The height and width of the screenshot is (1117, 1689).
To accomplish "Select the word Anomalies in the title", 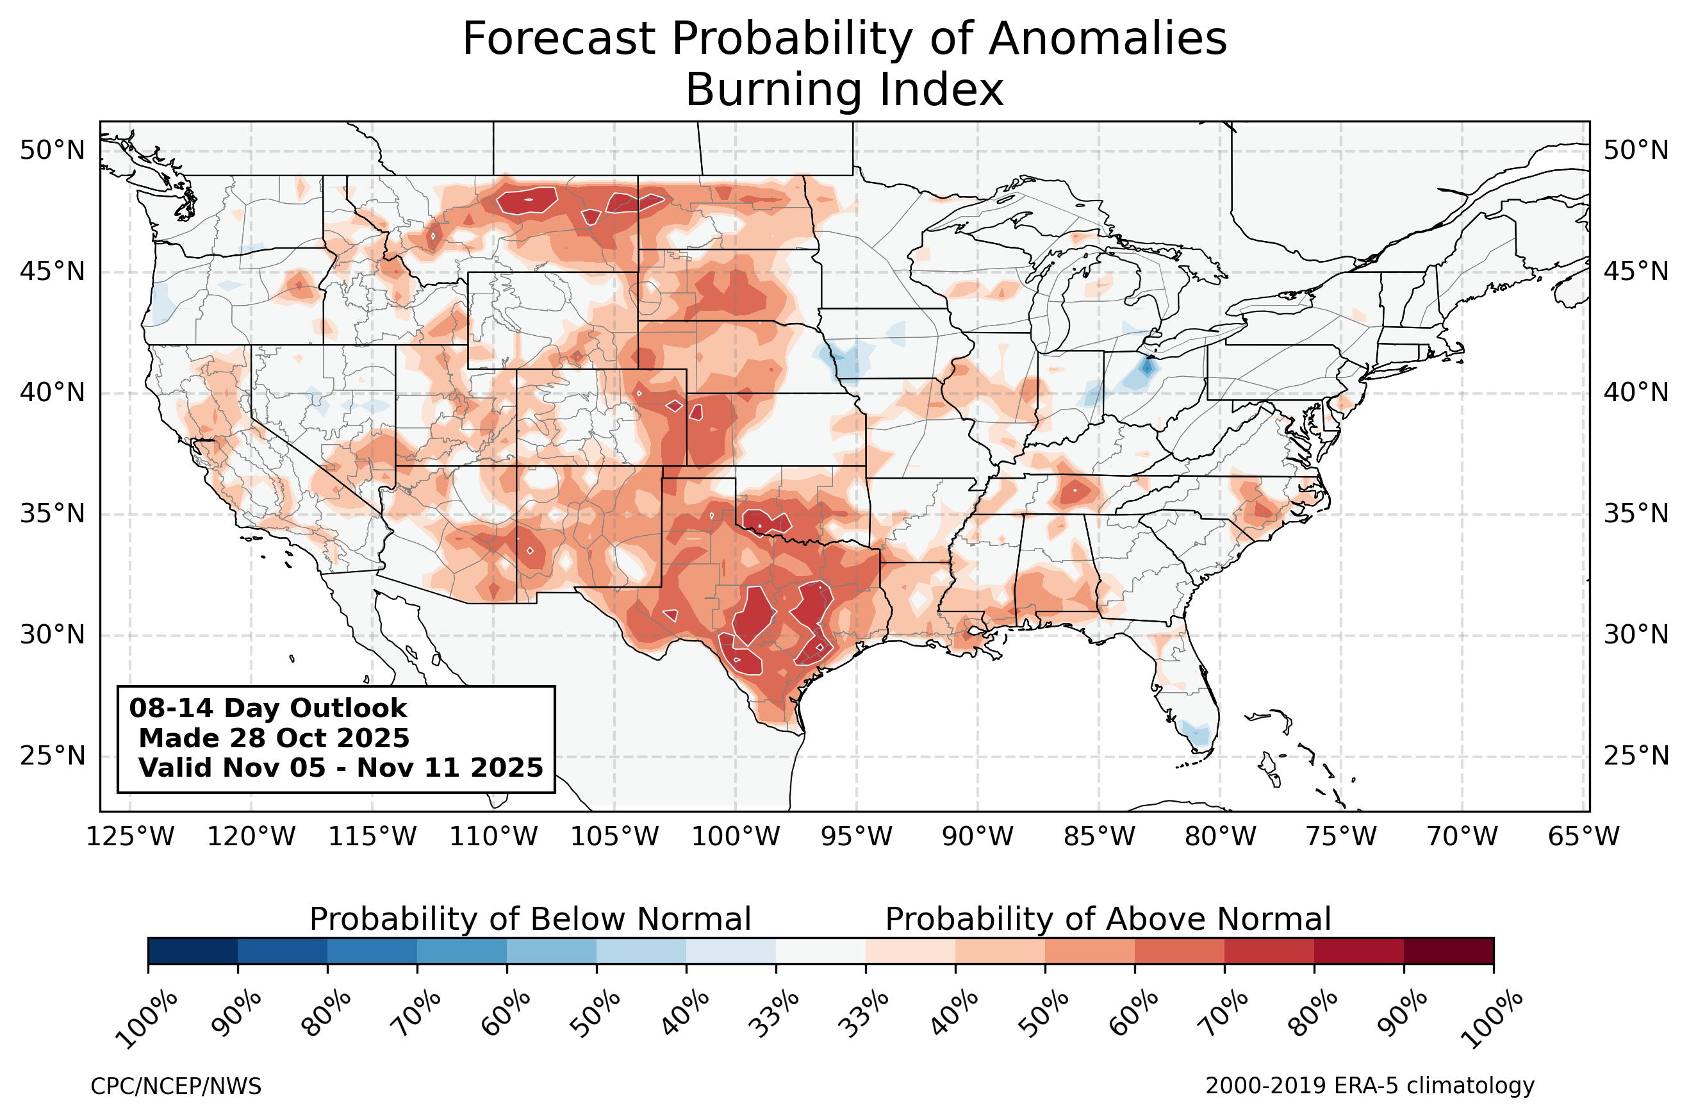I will tap(1107, 38).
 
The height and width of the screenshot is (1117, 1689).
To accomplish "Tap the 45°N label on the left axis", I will tap(52, 272).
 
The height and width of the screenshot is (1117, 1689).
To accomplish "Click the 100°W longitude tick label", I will tap(736, 836).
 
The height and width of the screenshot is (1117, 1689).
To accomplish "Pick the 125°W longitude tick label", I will tap(129, 836).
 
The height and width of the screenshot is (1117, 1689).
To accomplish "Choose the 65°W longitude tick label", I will tap(1584, 836).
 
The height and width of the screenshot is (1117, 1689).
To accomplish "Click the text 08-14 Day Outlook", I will tap(268, 708).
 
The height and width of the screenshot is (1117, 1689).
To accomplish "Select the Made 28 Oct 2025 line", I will tap(274, 738).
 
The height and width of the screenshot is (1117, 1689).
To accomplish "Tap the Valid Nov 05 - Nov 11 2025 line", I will tap(340, 768).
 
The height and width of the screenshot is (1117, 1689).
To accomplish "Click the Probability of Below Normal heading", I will tap(530, 919).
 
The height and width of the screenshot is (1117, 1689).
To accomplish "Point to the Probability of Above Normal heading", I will tap(1108, 919).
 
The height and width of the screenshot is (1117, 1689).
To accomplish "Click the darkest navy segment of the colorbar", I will tap(192, 951).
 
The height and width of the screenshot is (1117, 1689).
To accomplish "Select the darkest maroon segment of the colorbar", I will tap(1448, 951).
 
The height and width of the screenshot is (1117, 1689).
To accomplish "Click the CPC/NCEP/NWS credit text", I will tap(176, 1086).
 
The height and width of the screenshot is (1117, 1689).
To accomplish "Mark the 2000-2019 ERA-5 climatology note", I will tap(1369, 1086).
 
